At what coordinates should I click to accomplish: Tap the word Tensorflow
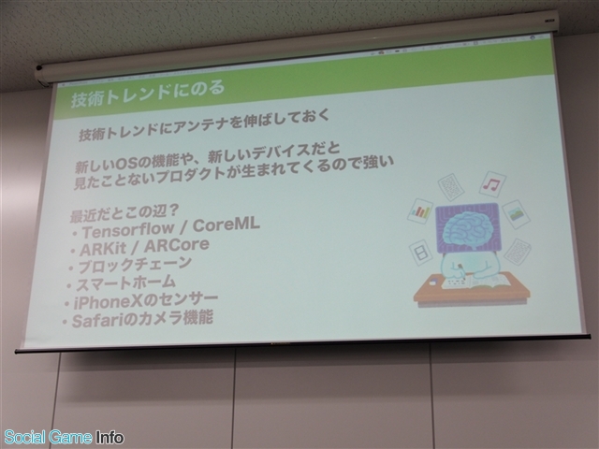(x=128, y=230)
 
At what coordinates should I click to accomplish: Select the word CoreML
(x=226, y=224)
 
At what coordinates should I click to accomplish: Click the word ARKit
(x=103, y=250)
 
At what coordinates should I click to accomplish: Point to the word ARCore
(x=177, y=245)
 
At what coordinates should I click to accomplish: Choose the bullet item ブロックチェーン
(x=135, y=265)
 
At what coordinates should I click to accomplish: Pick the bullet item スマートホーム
(x=125, y=283)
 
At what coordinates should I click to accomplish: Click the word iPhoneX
(x=108, y=303)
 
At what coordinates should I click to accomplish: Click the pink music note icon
(x=492, y=184)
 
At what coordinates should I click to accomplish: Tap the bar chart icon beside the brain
(x=420, y=210)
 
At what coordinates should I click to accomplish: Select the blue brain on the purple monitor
(x=467, y=227)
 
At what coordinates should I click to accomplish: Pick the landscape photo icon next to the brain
(x=516, y=214)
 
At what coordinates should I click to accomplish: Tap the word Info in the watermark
(x=110, y=437)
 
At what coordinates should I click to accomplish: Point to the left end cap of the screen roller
(x=41, y=74)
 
